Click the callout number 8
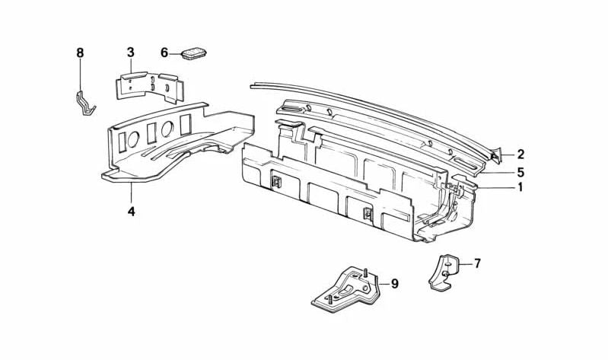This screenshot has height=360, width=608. click(80, 53)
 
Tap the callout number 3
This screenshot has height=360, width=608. click(131, 53)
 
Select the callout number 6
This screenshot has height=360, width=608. click(164, 53)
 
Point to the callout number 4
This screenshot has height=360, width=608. click(132, 212)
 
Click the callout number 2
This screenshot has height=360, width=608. click(520, 155)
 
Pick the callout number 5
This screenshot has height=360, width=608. click(520, 172)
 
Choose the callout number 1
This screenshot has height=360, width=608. click(520, 187)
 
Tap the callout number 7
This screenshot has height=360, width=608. click(477, 264)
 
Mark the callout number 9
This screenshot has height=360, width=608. click(394, 285)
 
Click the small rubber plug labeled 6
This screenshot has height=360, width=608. click(194, 54)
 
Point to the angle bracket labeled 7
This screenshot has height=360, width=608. click(444, 273)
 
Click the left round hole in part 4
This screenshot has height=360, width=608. click(133, 139)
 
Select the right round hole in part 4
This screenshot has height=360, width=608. click(167, 129)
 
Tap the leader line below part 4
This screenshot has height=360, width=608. click(132, 193)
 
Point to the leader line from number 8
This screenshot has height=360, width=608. click(80, 75)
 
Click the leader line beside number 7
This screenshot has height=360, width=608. click(465, 264)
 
